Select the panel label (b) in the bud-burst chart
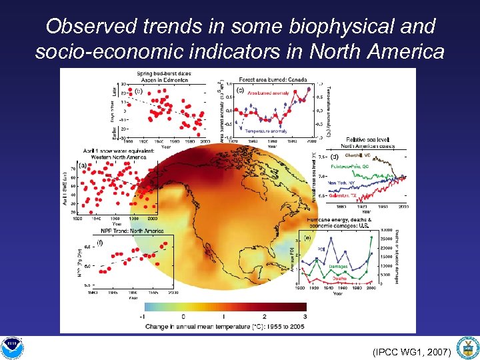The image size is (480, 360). click(138, 90)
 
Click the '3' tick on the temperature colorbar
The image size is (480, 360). click(305, 316)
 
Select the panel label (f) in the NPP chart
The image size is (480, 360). click(99, 243)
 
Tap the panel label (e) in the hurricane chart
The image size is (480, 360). click(307, 237)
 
